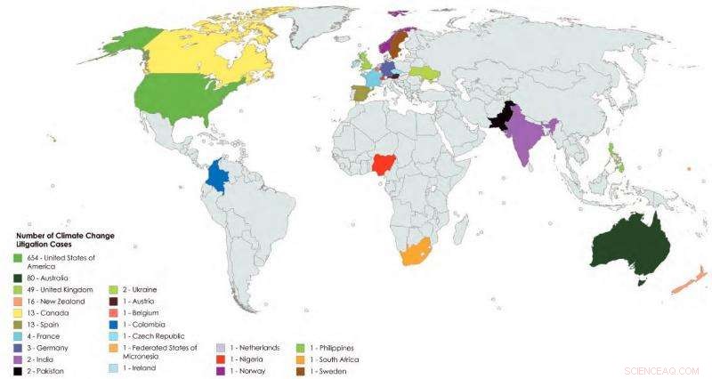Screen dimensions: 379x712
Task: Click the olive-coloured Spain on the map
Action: coord(362,93)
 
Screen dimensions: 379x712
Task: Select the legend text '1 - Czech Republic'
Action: coord(152,335)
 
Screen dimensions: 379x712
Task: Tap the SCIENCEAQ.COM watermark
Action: coord(663,367)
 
